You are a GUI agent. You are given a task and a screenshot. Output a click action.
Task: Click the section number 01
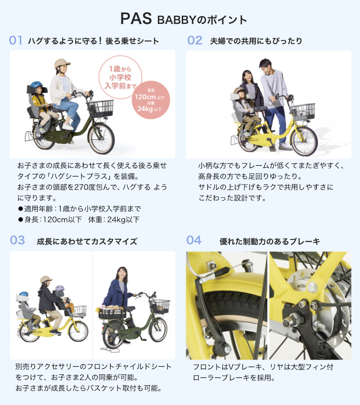pyautogui.click(x=16, y=40)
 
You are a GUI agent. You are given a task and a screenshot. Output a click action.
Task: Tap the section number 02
pyautogui.click(x=195, y=40)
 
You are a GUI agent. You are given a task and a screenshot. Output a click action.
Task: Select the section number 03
pyautogui.click(x=17, y=240)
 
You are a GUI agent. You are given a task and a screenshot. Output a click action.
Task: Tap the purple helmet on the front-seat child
pyautogui.click(x=60, y=288)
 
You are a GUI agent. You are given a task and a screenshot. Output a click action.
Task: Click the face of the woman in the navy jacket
pyautogui.click(x=121, y=273)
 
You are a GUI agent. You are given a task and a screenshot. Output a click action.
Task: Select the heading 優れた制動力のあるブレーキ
pyautogui.click(x=270, y=241)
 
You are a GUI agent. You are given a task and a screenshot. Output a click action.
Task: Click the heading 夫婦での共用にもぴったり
pyautogui.click(x=256, y=41)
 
